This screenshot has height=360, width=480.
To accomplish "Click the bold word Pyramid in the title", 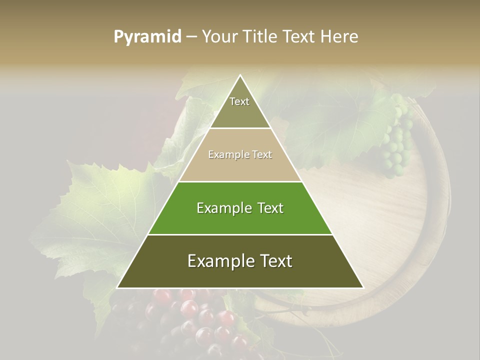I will pyautogui.click(x=147, y=37).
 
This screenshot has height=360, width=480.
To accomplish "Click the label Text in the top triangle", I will pyautogui.click(x=239, y=101).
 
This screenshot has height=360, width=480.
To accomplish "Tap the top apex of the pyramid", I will pyautogui.click(x=240, y=75).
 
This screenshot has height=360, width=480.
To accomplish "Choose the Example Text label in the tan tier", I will pyautogui.click(x=240, y=154).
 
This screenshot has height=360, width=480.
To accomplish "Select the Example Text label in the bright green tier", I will pyautogui.click(x=240, y=208).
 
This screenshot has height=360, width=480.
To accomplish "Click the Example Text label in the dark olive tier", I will pyautogui.click(x=240, y=261).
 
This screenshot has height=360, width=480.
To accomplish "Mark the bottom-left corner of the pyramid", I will pyautogui.click(x=117, y=287).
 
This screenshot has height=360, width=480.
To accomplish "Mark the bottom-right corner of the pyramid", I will pyautogui.click(x=363, y=287).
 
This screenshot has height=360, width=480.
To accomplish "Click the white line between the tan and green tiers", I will pyautogui.click(x=240, y=181).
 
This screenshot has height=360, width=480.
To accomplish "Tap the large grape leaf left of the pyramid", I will pyautogui.click(x=100, y=210).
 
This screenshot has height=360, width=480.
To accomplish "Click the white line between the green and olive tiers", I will pyautogui.click(x=240, y=234).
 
